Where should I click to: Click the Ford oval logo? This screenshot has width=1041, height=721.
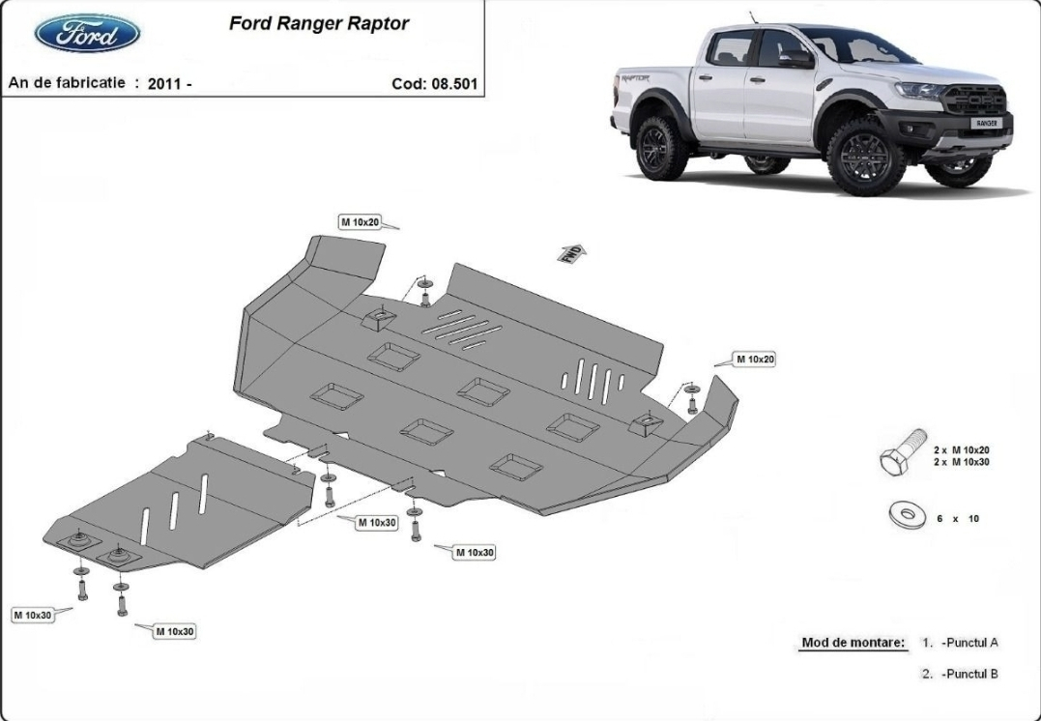click(x=87, y=33)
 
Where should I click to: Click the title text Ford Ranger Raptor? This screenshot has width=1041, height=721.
click(x=319, y=23)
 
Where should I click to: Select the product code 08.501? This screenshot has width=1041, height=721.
click(x=454, y=84)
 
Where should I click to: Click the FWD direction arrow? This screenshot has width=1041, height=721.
click(x=572, y=253)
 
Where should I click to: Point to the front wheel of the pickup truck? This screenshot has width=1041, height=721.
click(x=865, y=158)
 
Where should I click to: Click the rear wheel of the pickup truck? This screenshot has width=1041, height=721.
click(x=661, y=148)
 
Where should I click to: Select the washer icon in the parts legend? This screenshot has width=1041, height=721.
click(x=908, y=514)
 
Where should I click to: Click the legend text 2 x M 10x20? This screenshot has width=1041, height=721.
click(x=962, y=450)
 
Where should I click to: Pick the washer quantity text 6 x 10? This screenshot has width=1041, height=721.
click(x=958, y=518)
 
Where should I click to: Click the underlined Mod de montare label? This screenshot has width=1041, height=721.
click(x=853, y=642)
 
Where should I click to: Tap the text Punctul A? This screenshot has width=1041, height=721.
click(x=970, y=642)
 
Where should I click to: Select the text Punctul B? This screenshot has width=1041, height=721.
click(x=970, y=674)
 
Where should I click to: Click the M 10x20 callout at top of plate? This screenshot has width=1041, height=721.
click(x=361, y=222)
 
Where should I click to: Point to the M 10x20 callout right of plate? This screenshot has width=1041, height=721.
click(x=756, y=360)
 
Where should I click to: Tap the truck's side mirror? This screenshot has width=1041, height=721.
click(x=795, y=58)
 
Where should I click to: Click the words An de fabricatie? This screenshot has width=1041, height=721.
click(x=67, y=83)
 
